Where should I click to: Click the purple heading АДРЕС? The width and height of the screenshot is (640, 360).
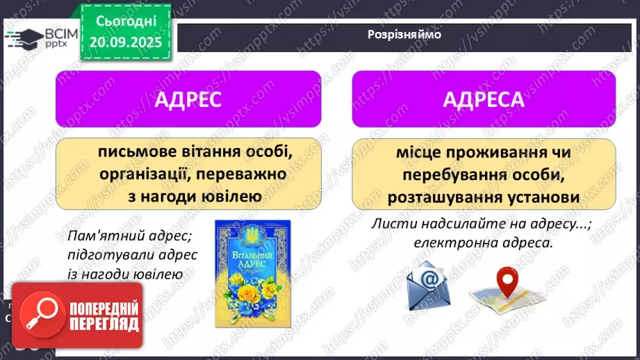click(x=188, y=99)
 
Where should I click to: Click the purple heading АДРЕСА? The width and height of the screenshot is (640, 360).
click(x=484, y=99)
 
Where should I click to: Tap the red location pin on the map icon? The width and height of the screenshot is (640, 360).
click(x=509, y=280)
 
